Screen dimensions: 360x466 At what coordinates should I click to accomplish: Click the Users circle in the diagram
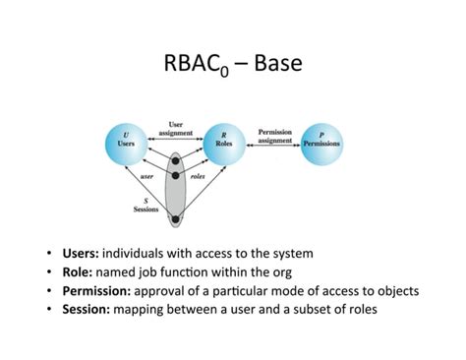[x=124, y=141]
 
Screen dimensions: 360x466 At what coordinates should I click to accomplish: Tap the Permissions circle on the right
[x=323, y=141]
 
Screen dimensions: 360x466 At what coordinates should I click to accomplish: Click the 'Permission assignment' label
[x=274, y=135]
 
